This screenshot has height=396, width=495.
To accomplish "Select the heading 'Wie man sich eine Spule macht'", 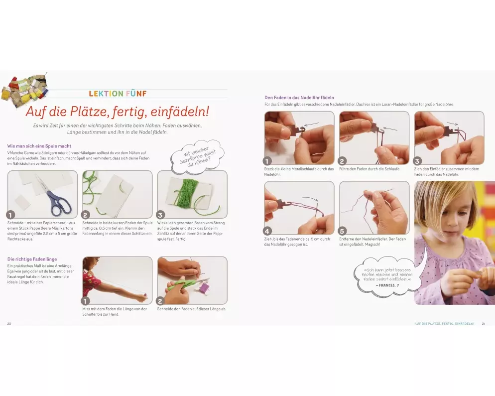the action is click(x=39, y=146).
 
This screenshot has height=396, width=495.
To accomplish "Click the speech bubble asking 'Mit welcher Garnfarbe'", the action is click(x=197, y=157).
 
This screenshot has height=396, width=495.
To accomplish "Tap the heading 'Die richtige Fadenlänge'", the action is click(x=32, y=259).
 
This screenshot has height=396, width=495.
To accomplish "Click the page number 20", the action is click(x=9, y=324).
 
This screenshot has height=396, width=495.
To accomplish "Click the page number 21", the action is click(x=483, y=324).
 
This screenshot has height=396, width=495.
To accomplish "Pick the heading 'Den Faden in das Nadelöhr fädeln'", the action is click(x=299, y=98).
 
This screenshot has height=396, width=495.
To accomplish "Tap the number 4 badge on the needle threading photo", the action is click(x=267, y=231).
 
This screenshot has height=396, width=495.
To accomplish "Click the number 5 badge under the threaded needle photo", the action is click(x=342, y=231).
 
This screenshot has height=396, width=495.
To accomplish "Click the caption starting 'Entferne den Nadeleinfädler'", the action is click(x=372, y=242).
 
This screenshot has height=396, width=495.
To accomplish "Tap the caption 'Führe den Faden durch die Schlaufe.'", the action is click(x=370, y=169).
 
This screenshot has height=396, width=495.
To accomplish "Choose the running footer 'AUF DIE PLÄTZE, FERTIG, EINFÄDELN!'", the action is click(x=444, y=324).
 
